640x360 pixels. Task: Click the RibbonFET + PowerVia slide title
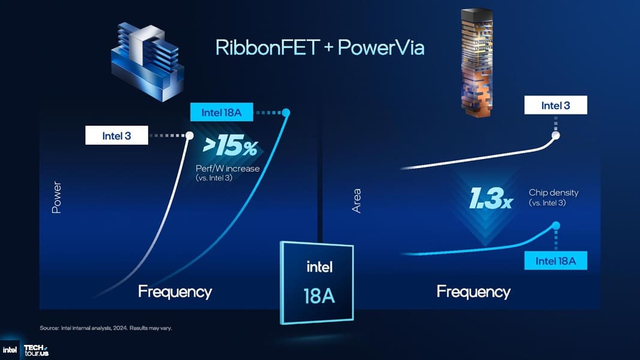(319, 48)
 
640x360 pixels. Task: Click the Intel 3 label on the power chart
(116, 136)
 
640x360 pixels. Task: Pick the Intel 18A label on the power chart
(220, 112)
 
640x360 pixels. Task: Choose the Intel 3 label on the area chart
(555, 106)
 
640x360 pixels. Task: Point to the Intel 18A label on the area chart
(555, 261)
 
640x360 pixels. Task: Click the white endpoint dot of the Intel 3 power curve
(190, 136)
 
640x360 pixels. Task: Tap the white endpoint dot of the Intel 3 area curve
(556, 136)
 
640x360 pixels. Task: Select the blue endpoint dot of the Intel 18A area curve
(556, 226)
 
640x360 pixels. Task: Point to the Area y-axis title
(357, 200)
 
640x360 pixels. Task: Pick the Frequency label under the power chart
(175, 292)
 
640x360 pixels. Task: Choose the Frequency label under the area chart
(473, 292)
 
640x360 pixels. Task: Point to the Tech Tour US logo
(35, 350)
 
